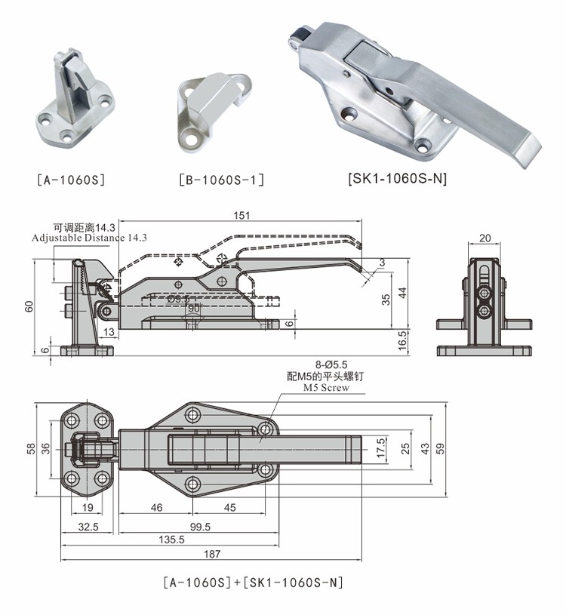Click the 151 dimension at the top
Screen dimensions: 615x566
coord(241,216)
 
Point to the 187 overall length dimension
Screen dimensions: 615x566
coord(212,554)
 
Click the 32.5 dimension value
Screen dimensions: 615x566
coord(88,526)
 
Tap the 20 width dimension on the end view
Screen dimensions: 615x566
coord(485,238)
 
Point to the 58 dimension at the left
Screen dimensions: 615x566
coord(31,447)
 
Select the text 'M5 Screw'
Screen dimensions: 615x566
coord(326,388)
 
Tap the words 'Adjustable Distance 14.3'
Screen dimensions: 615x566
coord(89,238)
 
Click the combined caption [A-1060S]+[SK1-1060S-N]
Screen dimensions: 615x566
coord(253,583)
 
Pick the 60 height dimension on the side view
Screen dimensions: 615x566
coord(29,306)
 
